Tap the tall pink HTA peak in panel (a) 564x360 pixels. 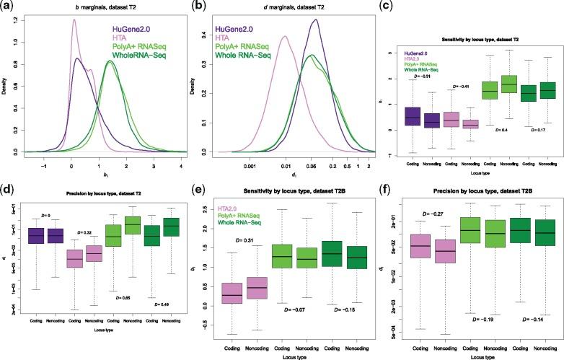(x=74, y=20)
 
